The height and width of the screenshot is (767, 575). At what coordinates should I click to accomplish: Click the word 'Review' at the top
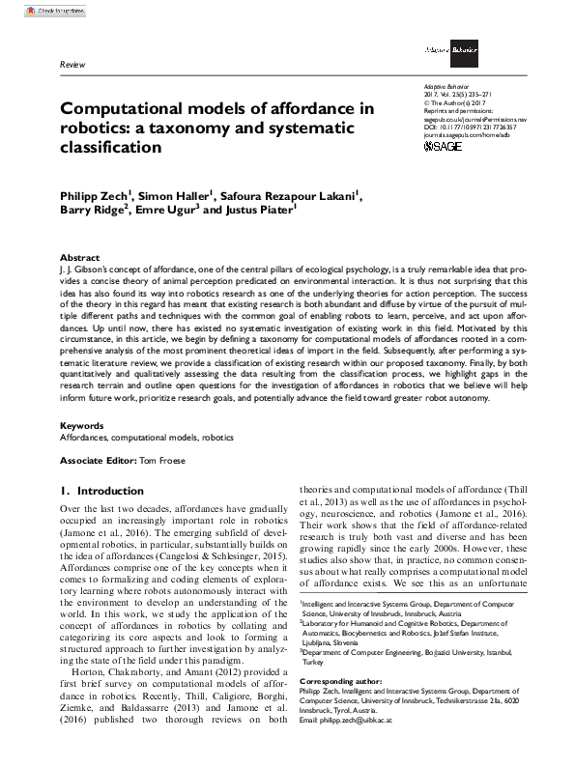click(x=72, y=64)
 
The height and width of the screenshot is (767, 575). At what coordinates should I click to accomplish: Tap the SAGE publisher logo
click(x=444, y=146)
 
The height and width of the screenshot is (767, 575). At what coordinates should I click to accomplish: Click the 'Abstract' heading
click(x=79, y=258)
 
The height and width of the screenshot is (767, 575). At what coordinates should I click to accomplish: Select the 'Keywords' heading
click(x=81, y=425)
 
